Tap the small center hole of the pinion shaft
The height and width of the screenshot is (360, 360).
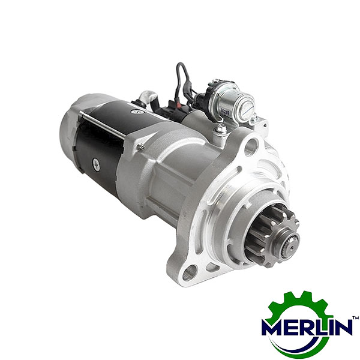click(291, 248)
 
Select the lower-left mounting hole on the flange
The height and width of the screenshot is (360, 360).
click(190, 272)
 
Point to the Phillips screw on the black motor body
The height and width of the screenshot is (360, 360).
click(96, 164)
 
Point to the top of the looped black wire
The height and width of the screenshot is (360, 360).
click(180, 64)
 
